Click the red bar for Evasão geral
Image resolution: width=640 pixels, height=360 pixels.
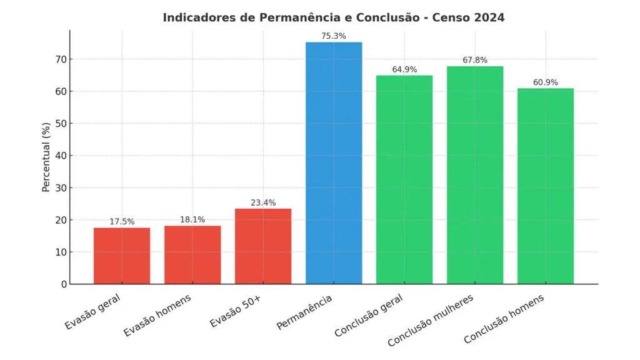point(122,256)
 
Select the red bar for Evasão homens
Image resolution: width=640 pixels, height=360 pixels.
point(192,254)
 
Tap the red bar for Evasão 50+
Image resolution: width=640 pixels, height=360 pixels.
point(263,246)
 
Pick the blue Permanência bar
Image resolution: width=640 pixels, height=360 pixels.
point(334,162)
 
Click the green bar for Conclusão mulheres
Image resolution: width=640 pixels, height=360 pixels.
point(475,175)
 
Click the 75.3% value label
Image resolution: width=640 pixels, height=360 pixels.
point(334,36)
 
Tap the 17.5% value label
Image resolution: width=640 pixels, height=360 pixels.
point(122,222)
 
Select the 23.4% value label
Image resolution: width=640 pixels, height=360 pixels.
point(263,202)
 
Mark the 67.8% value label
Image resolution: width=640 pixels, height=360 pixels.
point(475,60)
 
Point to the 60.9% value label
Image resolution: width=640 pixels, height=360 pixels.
point(546,82)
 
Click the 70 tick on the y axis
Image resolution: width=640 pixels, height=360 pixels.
point(59,59)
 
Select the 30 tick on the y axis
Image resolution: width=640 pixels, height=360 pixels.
point(59,187)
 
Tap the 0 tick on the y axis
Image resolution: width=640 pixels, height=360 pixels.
point(62,284)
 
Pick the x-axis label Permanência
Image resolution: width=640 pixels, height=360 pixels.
point(304,312)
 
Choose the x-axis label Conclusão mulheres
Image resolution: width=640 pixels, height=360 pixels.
point(431,320)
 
